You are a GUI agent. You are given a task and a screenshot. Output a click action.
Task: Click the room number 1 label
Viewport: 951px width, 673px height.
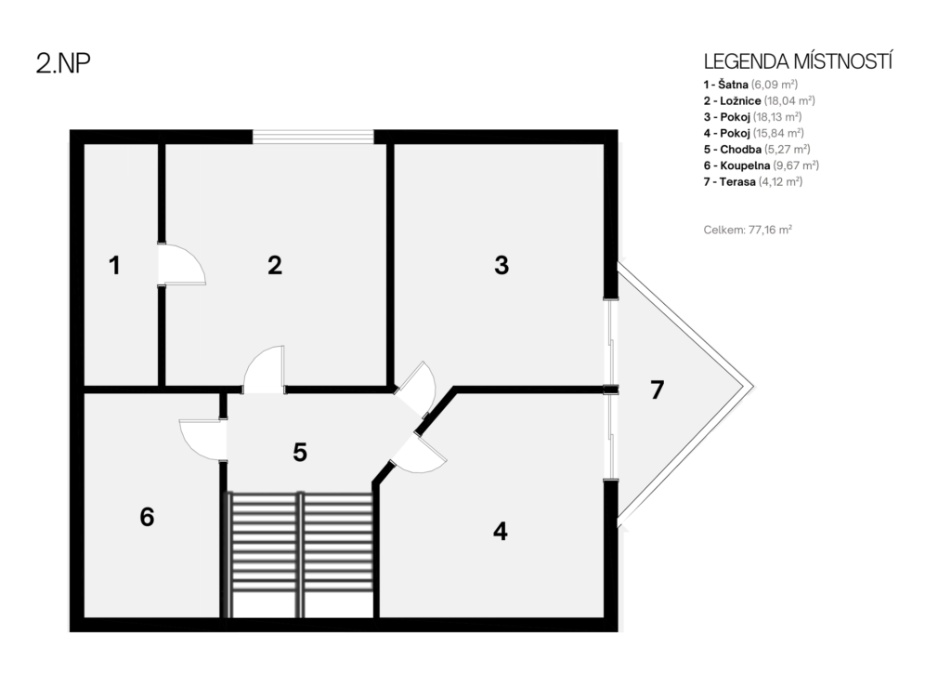(114, 266)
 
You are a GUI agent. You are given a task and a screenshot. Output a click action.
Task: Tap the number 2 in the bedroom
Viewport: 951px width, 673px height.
(275, 265)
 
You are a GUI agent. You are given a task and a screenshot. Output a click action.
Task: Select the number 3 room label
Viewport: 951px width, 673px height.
(502, 265)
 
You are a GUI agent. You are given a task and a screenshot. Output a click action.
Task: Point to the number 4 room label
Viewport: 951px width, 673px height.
(501, 531)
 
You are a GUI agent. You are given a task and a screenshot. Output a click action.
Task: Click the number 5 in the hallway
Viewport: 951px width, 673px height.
(300, 452)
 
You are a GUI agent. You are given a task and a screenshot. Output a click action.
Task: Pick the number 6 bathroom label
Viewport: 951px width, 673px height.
(147, 517)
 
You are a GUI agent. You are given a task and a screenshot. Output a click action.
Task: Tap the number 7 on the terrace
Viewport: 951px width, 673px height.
(657, 390)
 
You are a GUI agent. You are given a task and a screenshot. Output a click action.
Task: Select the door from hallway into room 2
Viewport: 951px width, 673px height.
(264, 370)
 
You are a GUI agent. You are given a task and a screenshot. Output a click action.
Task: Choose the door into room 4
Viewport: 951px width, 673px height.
(419, 453)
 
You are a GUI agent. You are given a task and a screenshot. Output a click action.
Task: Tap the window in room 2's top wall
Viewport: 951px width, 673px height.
(313, 137)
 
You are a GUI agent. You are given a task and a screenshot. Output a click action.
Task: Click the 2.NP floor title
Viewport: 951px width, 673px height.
(63, 63)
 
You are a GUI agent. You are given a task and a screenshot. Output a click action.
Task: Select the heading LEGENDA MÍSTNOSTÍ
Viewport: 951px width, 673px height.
(798, 62)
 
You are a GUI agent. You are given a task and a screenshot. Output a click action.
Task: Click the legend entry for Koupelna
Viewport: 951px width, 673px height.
(762, 165)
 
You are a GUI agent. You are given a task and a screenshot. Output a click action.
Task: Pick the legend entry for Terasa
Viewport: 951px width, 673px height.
(752, 181)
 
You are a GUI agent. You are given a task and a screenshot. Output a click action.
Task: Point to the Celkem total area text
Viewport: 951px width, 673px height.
(748, 230)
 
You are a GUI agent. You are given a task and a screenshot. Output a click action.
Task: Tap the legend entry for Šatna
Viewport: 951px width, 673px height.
(750, 85)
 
